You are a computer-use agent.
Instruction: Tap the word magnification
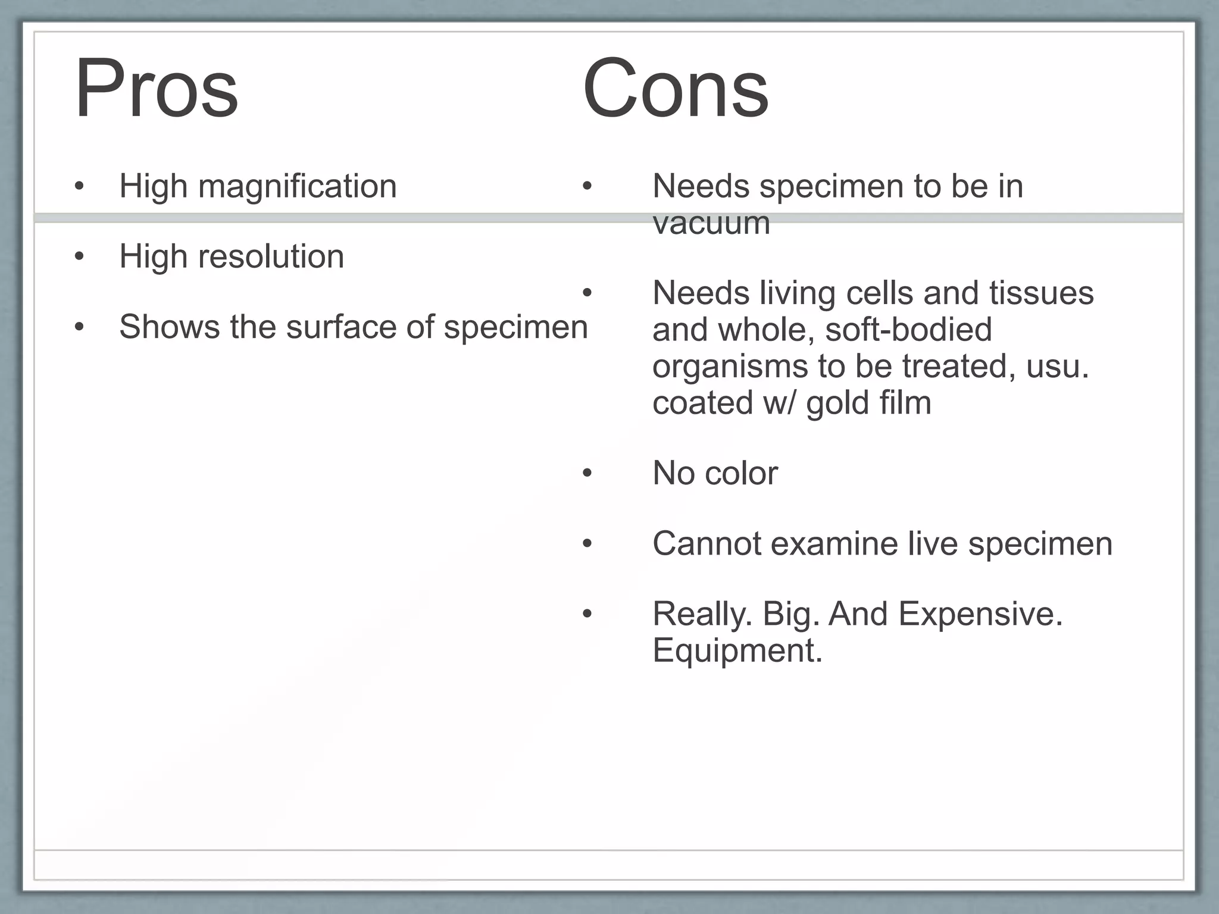297,187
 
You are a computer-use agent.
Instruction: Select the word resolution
271,257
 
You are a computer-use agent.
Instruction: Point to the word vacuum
711,224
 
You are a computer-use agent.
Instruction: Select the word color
741,474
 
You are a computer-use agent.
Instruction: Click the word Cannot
707,544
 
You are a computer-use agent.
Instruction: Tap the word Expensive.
980,614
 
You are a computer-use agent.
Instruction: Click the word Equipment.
737,650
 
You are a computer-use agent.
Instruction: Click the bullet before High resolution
79,257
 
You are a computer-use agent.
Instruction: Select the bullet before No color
587,474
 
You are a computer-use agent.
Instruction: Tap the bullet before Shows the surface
79,327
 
